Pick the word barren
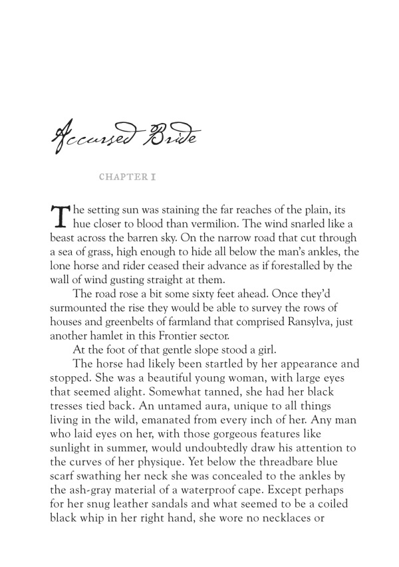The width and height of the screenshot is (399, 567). point(179,237)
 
